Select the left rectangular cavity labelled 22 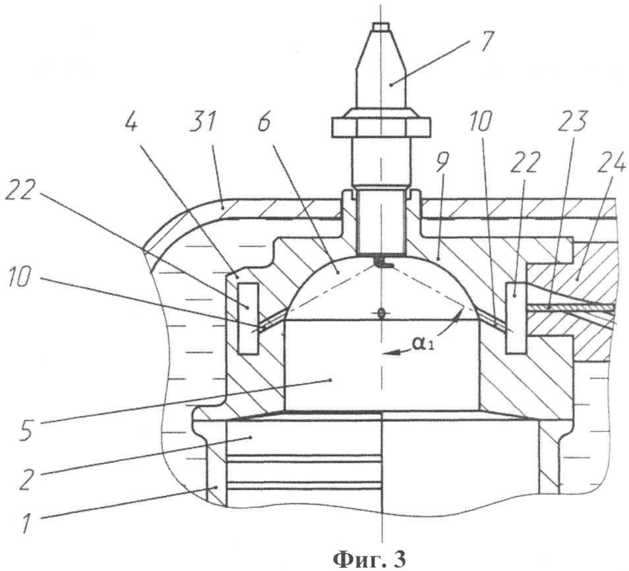pyautogui.click(x=247, y=318)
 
